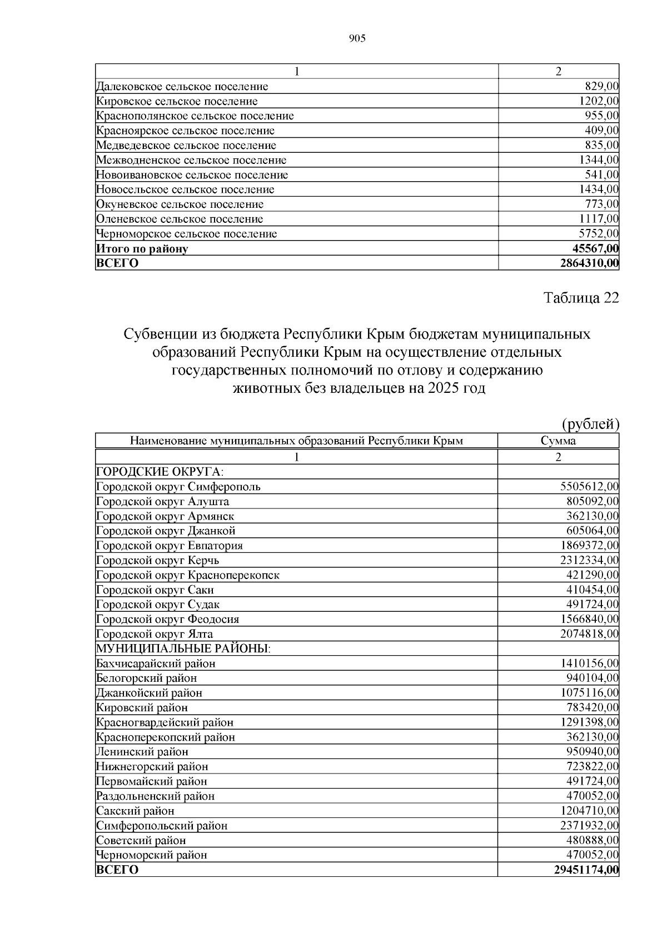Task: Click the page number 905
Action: coord(357,38)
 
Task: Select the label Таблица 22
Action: coord(581,298)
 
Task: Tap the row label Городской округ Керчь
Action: coord(157,560)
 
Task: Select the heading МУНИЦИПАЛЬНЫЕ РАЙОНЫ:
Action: coord(183,648)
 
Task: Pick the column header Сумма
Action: coord(558,441)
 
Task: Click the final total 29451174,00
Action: coord(586,870)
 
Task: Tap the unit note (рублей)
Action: coord(590,425)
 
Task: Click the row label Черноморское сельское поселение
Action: coord(186,234)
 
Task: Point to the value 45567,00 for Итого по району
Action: coord(595,248)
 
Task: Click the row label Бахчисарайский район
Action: coord(156,663)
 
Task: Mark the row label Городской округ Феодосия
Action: coord(167,619)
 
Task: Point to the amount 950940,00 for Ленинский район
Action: coord(592,752)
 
